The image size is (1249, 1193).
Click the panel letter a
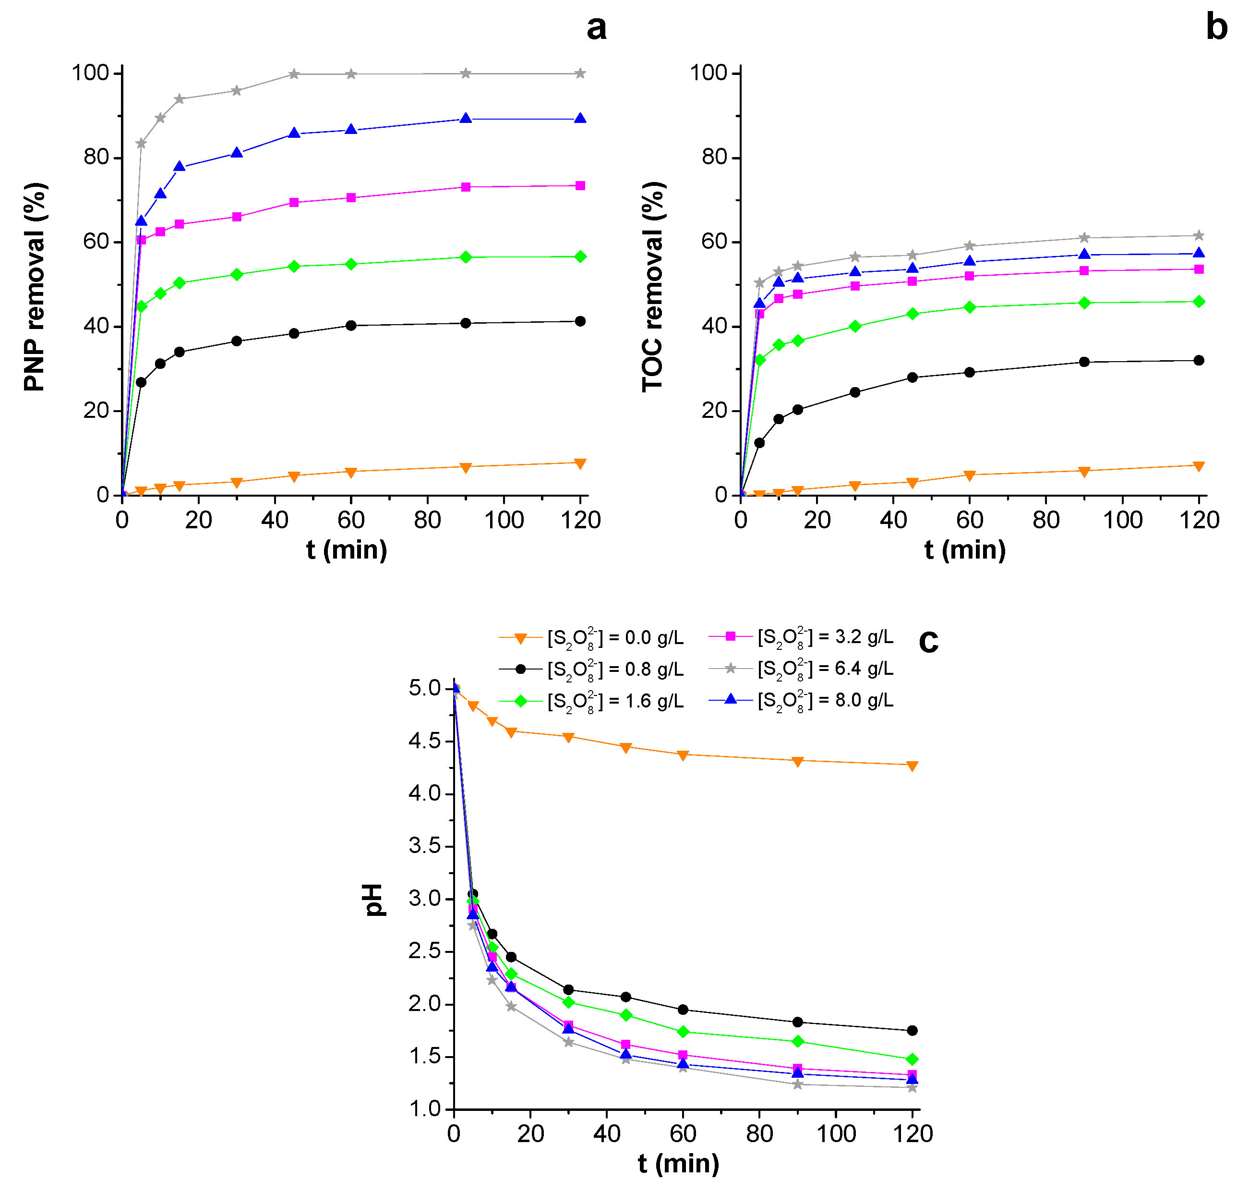coord(596,28)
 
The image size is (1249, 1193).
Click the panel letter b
coord(1216,28)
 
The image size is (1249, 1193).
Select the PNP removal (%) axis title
coord(35,287)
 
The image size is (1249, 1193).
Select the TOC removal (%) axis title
coord(652,287)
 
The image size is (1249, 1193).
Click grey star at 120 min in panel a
coord(580,74)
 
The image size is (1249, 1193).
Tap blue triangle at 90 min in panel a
coord(465,119)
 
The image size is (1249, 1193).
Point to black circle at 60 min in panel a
coord(351,326)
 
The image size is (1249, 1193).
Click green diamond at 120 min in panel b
coord(1199,302)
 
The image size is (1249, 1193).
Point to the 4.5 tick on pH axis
coord(425,741)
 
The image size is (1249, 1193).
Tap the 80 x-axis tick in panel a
coord(427,520)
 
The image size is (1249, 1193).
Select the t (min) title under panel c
coord(678,1163)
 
